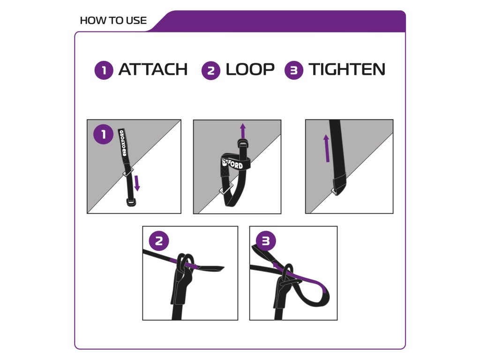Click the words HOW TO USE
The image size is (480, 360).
click(113, 21)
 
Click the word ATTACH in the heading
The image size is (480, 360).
click(153, 69)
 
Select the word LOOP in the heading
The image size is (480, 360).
click(250, 69)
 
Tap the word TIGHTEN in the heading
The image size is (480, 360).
click(347, 69)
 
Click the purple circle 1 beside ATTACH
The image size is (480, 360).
click(104, 70)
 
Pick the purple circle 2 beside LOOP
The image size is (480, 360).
click(211, 70)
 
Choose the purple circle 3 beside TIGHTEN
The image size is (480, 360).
click(294, 70)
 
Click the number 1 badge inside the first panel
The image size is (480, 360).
click(104, 134)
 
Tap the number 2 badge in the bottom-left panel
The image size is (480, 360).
click(159, 240)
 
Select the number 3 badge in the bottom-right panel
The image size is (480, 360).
click(266, 240)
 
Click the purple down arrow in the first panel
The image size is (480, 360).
click(137, 183)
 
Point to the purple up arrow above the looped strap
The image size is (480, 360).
click(243, 131)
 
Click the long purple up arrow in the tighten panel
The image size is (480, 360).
click(327, 148)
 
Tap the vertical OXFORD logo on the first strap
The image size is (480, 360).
click(122, 142)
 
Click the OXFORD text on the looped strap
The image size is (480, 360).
click(232, 164)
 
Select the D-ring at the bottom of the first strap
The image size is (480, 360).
click(131, 202)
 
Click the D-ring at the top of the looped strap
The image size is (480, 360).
click(242, 142)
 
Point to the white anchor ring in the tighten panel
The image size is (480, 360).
click(334, 192)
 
